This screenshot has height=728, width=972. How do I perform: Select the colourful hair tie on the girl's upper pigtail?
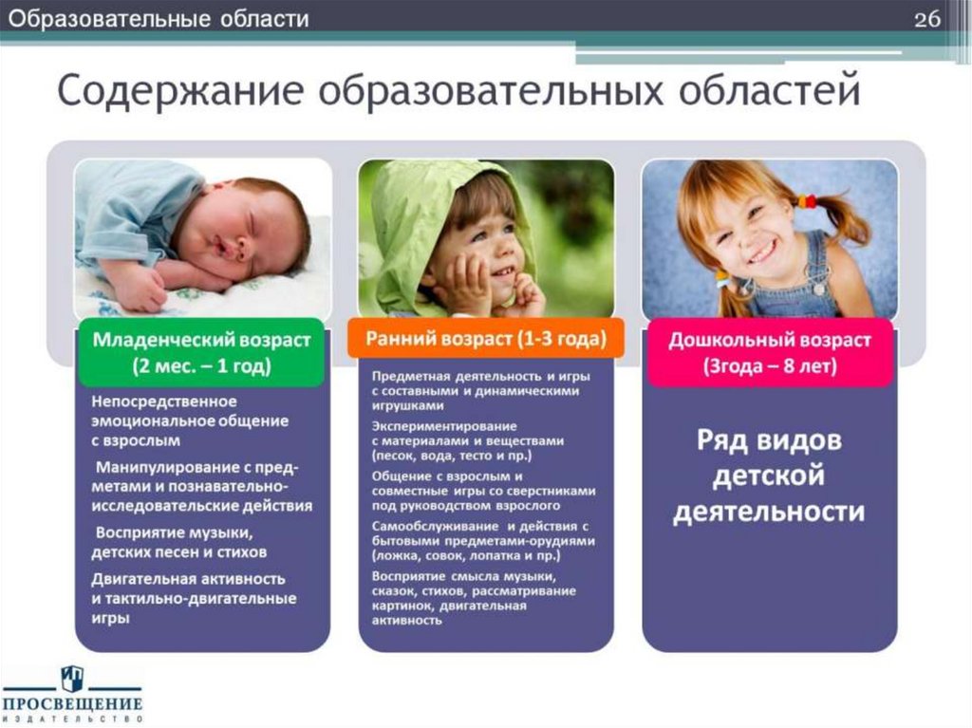[x=806, y=201]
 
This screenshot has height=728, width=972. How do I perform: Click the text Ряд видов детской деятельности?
[x=769, y=476]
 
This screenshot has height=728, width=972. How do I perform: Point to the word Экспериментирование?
[x=431, y=425]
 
